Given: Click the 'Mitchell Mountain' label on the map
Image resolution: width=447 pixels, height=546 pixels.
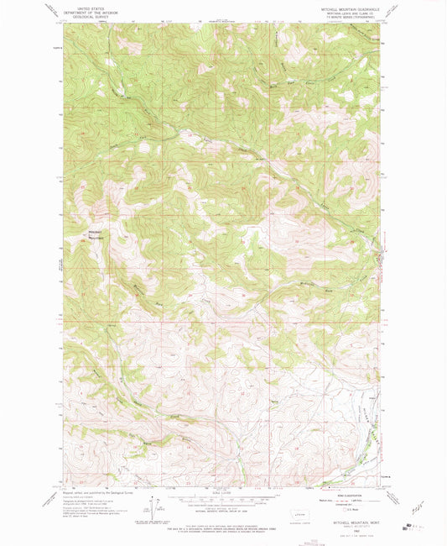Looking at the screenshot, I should click(x=94, y=234).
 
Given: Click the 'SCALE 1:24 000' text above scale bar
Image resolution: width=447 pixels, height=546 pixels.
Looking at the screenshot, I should click(x=218, y=492).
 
